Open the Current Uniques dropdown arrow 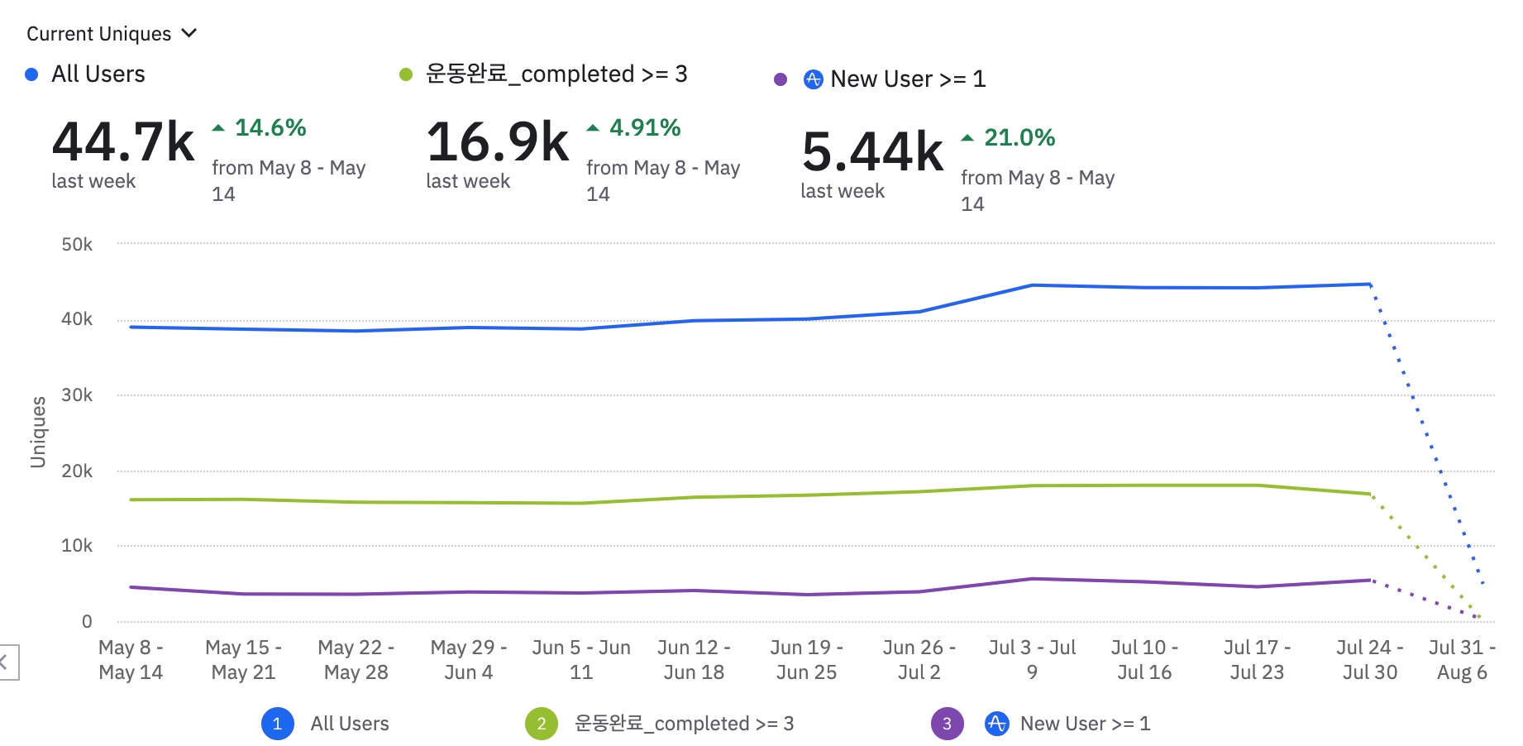point(189,33)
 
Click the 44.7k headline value point(123,142)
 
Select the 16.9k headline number point(498,142)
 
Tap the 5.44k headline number point(872,152)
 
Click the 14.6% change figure point(270,128)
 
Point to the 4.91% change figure point(644,128)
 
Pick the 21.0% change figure point(1019,138)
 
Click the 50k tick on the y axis point(77,245)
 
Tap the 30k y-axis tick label point(77,395)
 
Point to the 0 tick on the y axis point(87,622)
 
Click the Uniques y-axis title point(38,432)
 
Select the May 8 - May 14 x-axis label point(131,659)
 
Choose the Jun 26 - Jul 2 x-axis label point(919,659)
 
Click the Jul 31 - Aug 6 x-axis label point(1461,659)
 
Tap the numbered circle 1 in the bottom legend point(277,724)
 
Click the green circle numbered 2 point(542,724)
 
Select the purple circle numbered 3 point(947,724)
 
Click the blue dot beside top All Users point(31,74)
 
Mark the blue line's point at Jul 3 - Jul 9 point(1032,285)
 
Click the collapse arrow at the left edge point(5,662)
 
